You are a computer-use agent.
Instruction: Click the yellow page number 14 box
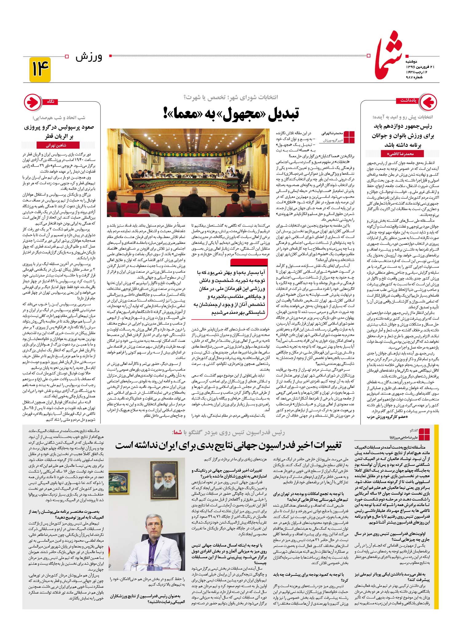tap(40, 69)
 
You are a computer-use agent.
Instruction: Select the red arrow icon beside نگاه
tap(32, 102)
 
